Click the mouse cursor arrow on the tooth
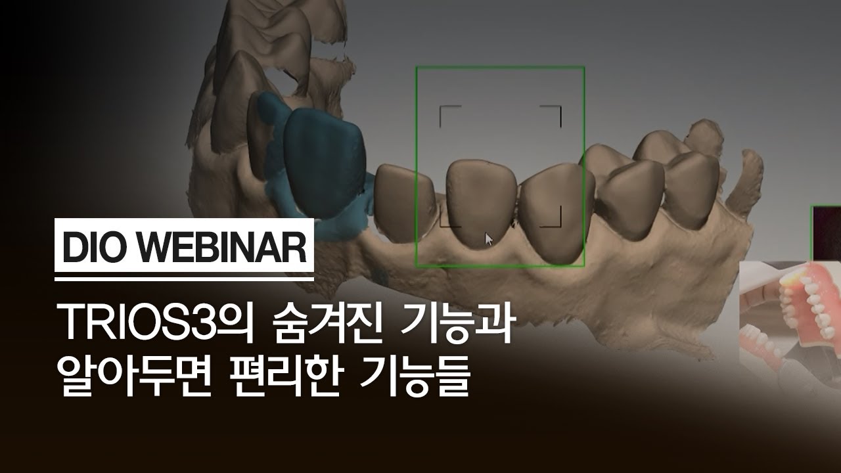tap(488, 238)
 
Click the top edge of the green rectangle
tap(499, 66)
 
